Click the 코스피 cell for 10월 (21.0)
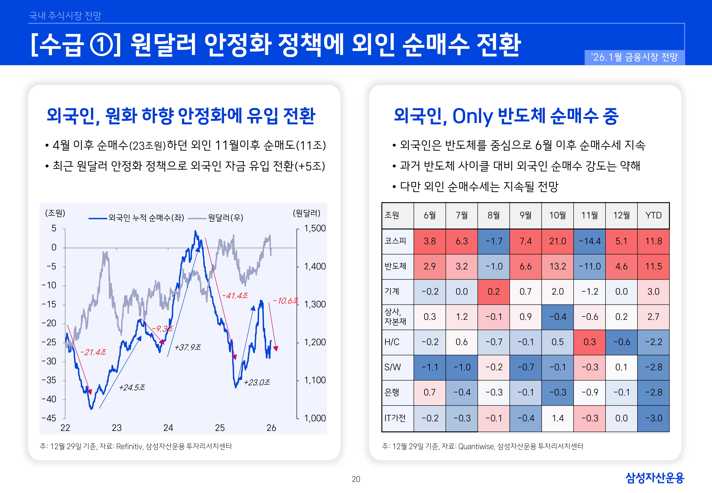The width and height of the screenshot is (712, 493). click(557, 241)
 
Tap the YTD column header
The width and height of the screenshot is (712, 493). click(653, 215)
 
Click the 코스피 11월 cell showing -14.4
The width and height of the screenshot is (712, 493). click(589, 241)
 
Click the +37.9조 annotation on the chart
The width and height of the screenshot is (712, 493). click(188, 348)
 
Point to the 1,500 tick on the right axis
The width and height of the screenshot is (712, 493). click(315, 229)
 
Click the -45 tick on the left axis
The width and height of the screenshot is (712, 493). click(49, 418)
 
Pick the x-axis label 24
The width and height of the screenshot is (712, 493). click(168, 428)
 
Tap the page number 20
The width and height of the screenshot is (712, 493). click(356, 479)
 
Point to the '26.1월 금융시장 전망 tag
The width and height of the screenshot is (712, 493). click(634, 57)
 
